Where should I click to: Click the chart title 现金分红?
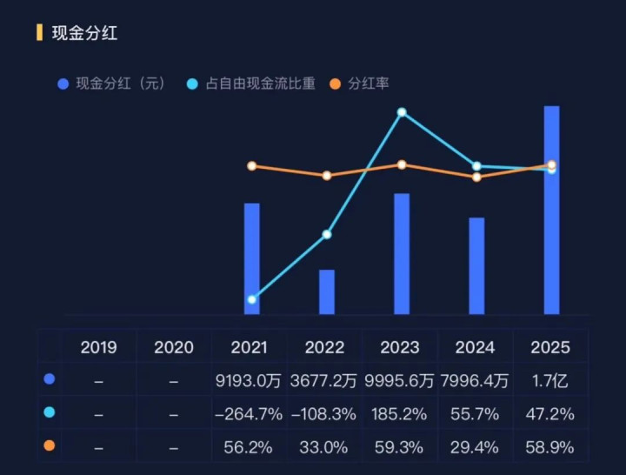point(84,34)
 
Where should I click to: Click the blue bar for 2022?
point(326,292)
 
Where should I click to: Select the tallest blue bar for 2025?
point(551,210)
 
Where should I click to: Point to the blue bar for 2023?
point(402,254)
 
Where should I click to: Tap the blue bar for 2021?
point(252,258)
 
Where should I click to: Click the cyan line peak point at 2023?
point(402,112)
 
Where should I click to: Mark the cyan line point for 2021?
point(252,300)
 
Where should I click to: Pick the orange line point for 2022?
point(327,176)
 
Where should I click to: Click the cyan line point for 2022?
point(327,235)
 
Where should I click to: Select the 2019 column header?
point(98,347)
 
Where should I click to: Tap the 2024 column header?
point(475,347)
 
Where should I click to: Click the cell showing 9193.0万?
point(249,380)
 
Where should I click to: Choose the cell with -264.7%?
point(249,414)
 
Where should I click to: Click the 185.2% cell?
point(400,414)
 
